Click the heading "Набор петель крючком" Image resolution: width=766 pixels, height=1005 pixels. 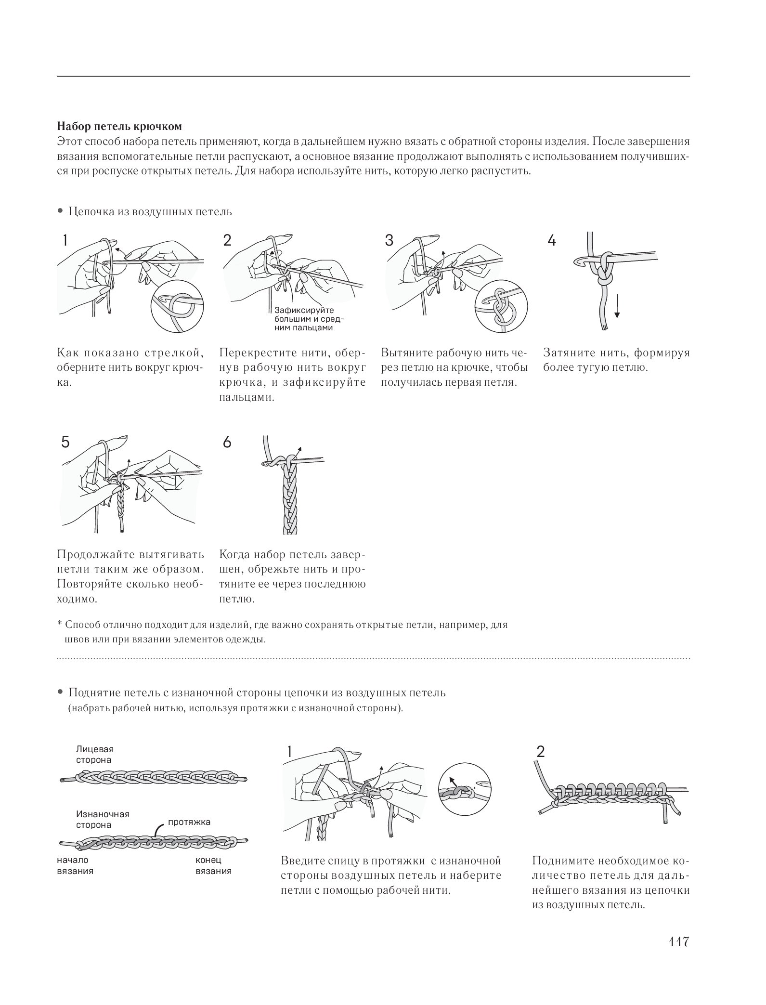[x=120, y=127]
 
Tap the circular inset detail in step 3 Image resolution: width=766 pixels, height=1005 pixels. [x=501, y=307]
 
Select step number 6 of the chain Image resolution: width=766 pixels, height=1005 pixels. [x=227, y=442]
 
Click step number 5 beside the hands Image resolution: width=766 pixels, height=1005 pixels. [x=65, y=442]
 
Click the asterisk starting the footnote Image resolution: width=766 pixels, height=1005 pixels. [x=60, y=624]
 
